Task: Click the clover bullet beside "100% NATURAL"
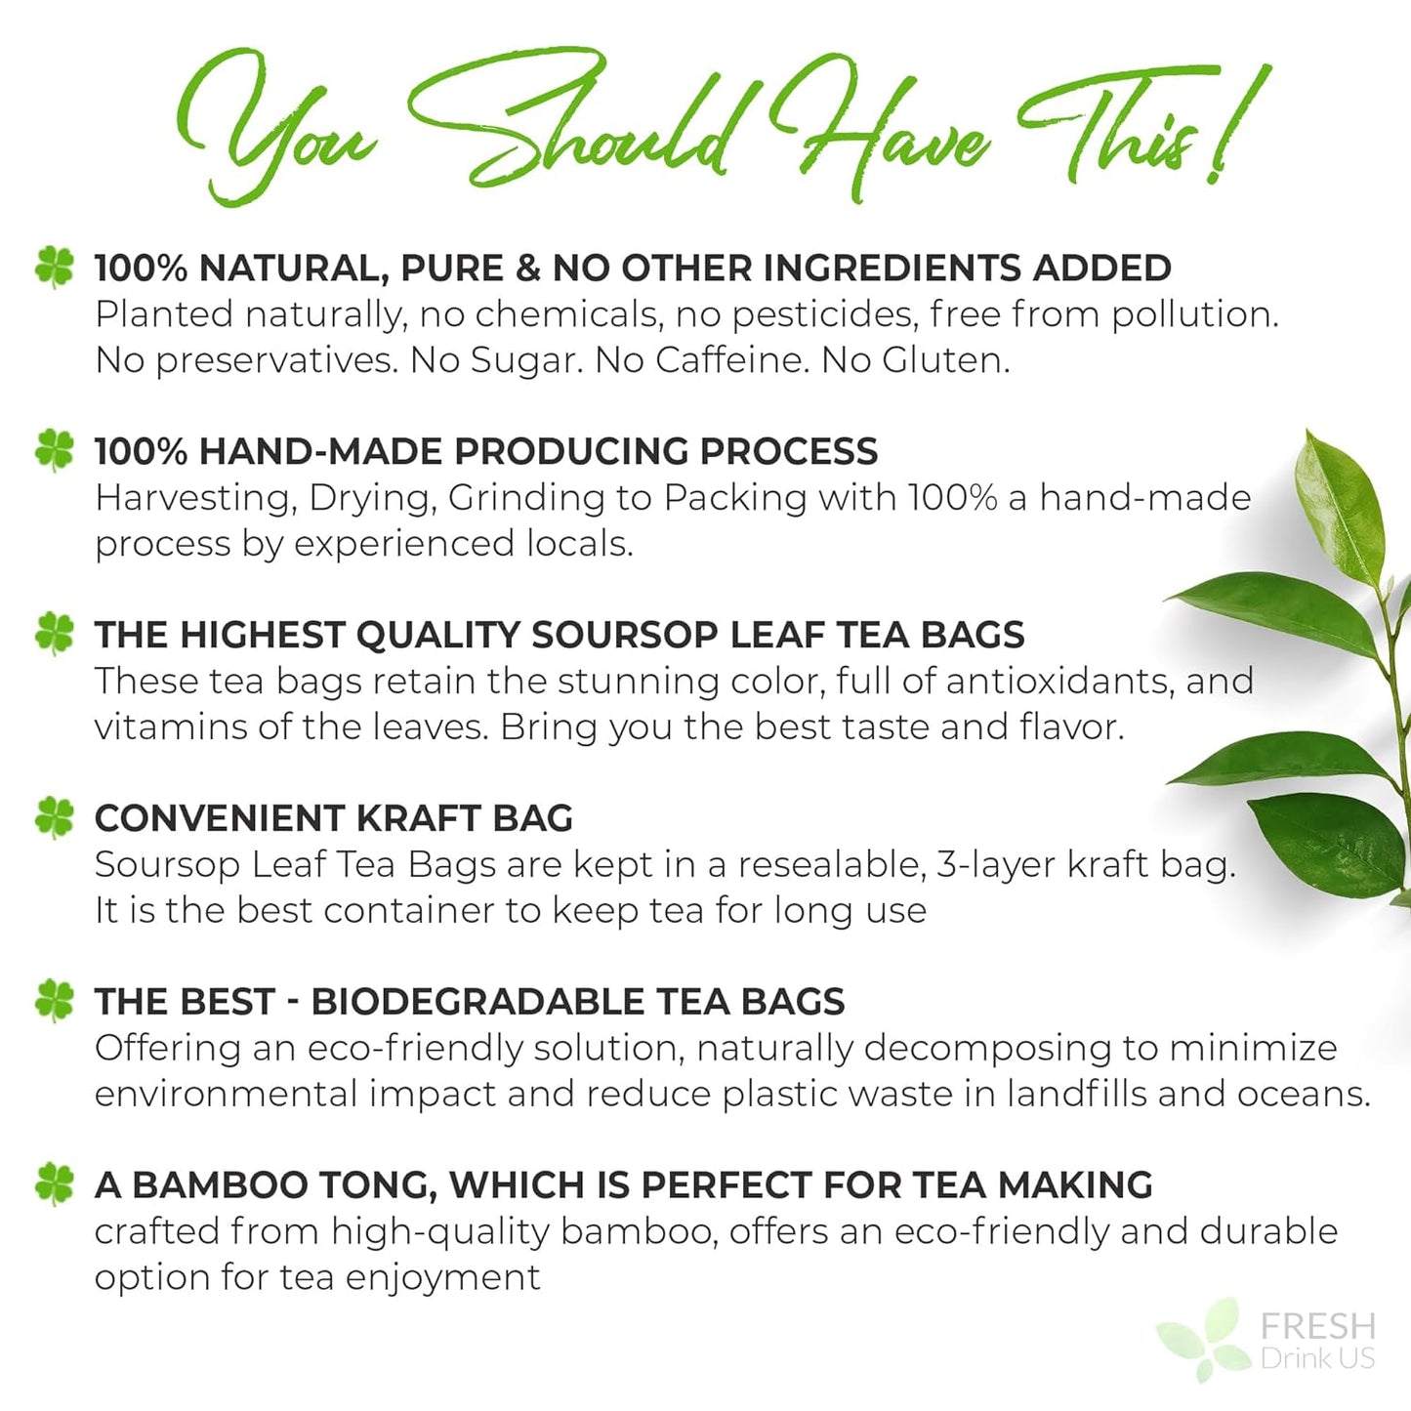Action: click(x=55, y=267)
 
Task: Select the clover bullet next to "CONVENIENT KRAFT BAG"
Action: click(x=55, y=817)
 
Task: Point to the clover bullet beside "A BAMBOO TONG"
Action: click(x=55, y=1183)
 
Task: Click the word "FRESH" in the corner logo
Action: click(x=1317, y=1326)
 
